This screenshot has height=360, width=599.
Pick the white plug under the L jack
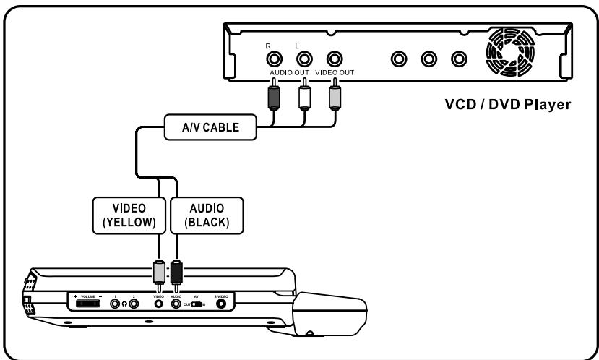pyautogui.click(x=303, y=95)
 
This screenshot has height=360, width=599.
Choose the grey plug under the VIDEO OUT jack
pyautogui.click(x=333, y=95)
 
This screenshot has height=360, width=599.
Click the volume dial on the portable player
pyautogui.click(x=87, y=304)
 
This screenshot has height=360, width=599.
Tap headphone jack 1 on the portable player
pyautogui.click(x=116, y=304)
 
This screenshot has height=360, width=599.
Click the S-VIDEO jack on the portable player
pyautogui.click(x=220, y=304)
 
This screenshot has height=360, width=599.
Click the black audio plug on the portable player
pyautogui.click(x=176, y=273)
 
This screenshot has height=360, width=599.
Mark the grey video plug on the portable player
pyautogui.click(x=159, y=273)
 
